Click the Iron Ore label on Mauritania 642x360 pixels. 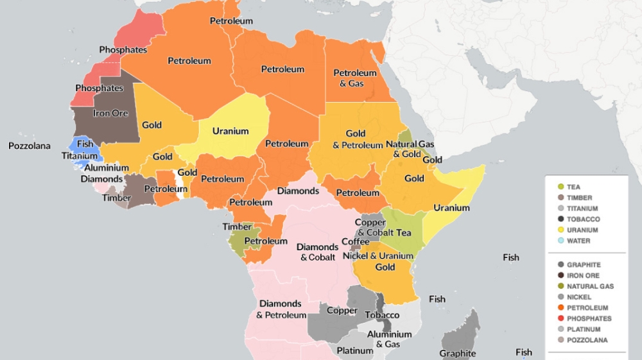(111, 113)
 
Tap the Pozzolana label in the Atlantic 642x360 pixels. (29, 146)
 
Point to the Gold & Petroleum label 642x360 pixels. (357, 139)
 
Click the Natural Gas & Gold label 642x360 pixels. (409, 149)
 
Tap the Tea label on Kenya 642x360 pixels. (404, 232)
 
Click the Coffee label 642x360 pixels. (355, 242)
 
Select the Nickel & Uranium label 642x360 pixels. (386, 256)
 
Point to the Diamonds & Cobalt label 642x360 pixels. (317, 252)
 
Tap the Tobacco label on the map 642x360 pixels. (382, 315)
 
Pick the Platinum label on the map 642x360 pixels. (355, 350)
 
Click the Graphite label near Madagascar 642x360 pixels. (458, 353)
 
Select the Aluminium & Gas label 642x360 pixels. (389, 339)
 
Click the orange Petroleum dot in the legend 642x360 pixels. (560, 307)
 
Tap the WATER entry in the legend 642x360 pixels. (578, 241)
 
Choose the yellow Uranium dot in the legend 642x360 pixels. (560, 230)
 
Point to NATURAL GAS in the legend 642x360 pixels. (590, 286)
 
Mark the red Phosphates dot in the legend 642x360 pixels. (560, 318)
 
